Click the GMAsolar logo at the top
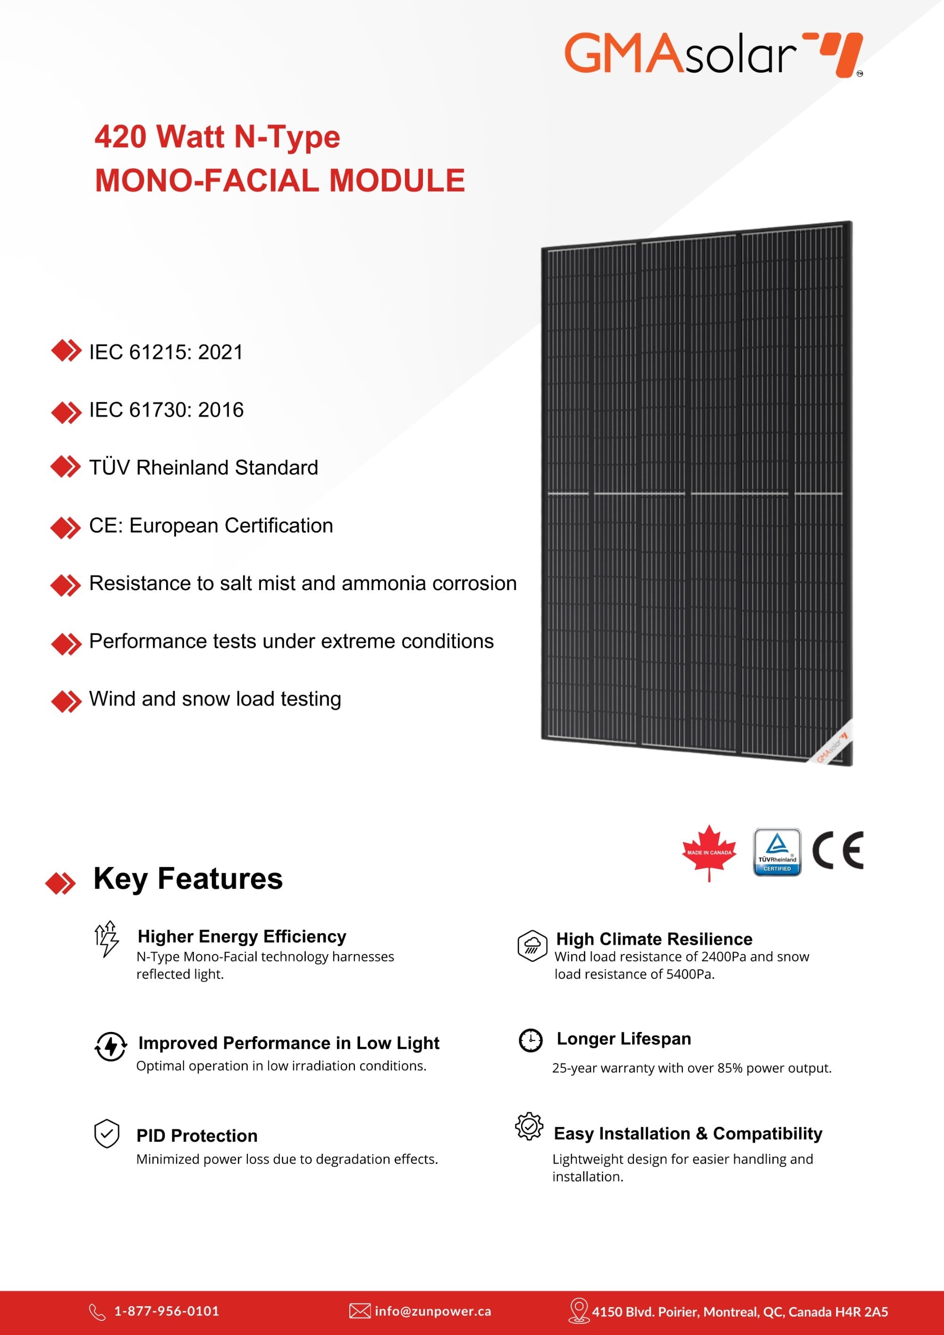[713, 54]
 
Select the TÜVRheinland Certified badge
[777, 853]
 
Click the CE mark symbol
[838, 850]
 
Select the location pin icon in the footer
[578, 1310]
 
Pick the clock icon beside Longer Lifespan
[530, 1040]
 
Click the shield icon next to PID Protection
[107, 1133]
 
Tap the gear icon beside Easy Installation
[529, 1126]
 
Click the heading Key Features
[188, 879]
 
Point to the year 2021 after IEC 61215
[220, 352]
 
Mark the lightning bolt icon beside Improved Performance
[110, 1046]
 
